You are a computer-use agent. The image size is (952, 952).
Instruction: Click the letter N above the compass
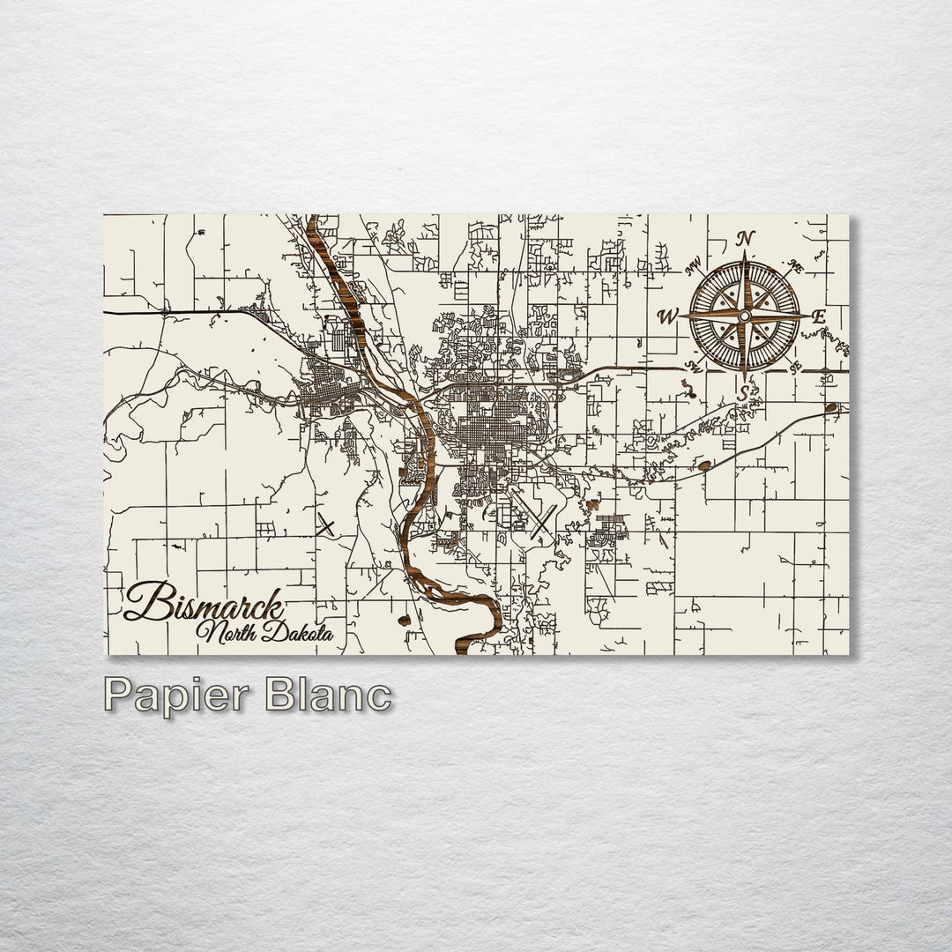746,238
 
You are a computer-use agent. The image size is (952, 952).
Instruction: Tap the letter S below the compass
744,393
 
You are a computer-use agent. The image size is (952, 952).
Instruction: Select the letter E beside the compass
818,316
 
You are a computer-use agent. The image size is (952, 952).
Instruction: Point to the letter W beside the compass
667,316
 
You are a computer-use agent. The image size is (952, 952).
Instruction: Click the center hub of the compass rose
745,316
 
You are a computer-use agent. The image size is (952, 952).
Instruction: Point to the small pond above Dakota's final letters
405,620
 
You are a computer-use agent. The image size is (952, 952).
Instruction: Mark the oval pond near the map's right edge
831,407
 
